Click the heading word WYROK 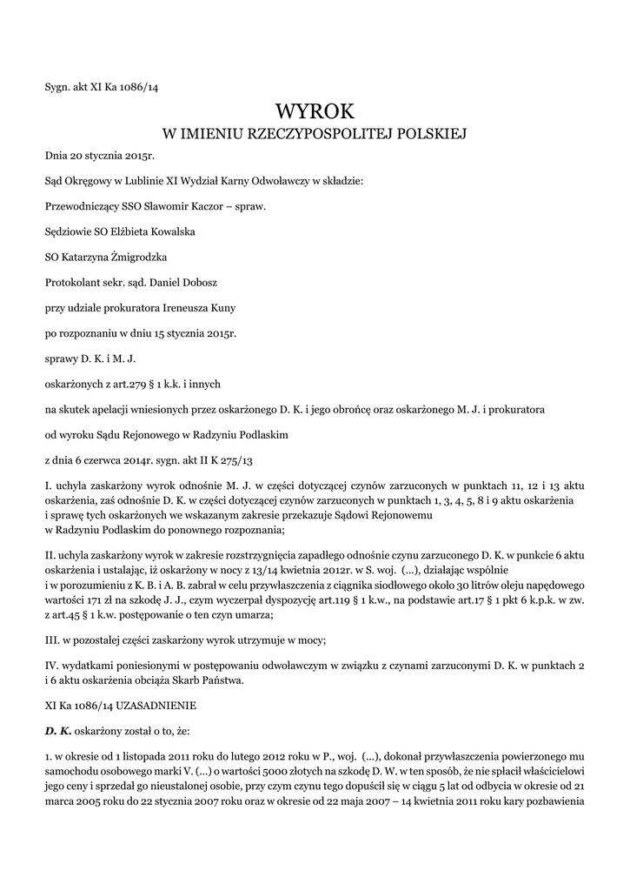point(315,111)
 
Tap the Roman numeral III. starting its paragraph point(52,641)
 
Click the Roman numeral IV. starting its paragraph point(52,667)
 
